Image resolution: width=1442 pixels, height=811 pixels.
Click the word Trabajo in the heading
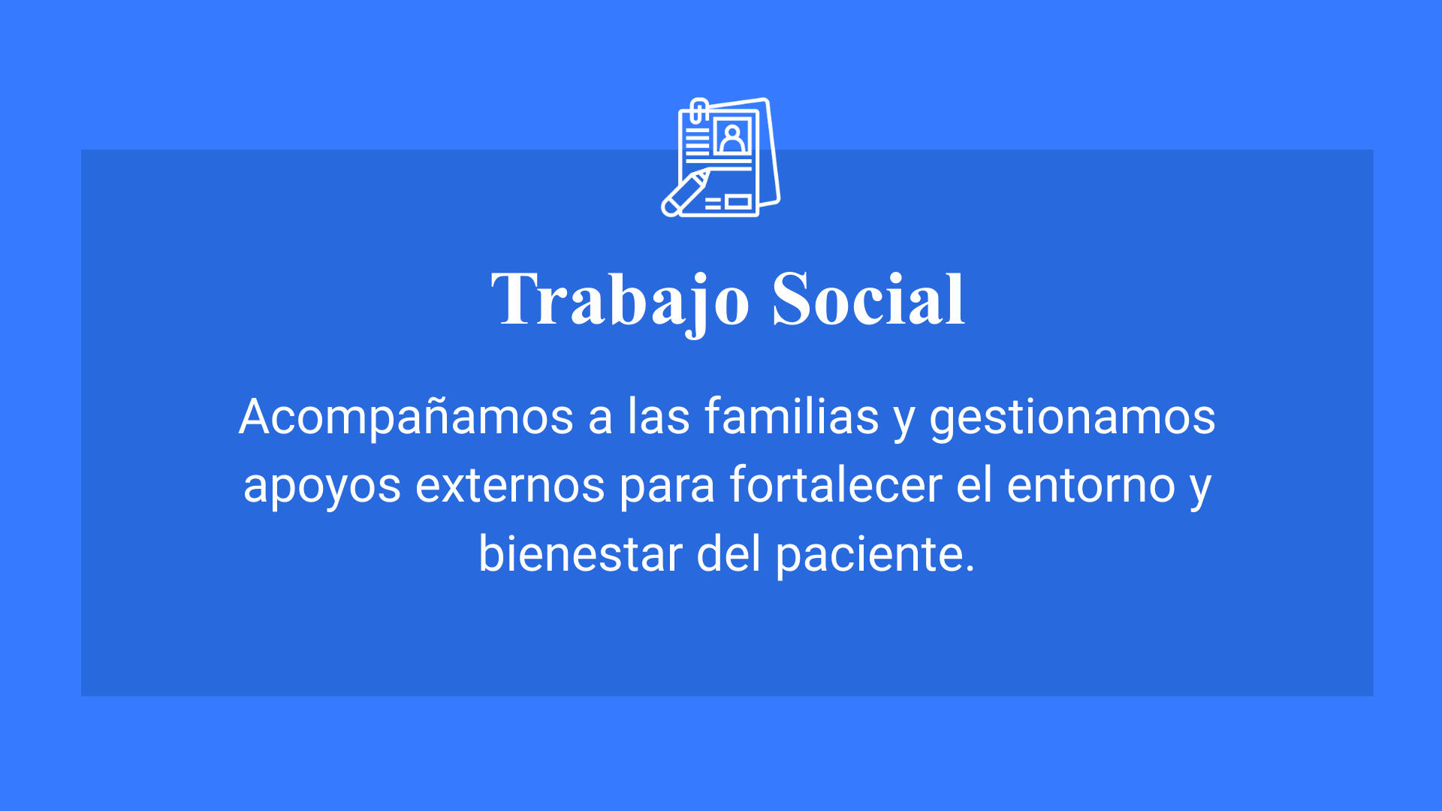[620, 301]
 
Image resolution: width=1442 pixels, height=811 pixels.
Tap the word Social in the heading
[868, 299]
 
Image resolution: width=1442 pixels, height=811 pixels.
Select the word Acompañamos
[406, 418]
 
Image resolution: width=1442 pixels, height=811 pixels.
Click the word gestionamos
[1072, 419]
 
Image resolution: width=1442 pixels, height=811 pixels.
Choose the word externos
[510, 486]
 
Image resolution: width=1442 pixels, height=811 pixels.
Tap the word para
[667, 488]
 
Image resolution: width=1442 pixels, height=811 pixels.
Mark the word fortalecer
[836, 484]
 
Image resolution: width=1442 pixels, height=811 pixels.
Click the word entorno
[1091, 486]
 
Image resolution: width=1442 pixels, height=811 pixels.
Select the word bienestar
[581, 553]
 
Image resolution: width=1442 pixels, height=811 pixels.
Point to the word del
[729, 553]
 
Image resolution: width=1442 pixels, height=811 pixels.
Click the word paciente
[875, 556]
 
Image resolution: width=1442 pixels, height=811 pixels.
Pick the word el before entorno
[974, 484]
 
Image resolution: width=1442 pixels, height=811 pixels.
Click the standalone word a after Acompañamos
[600, 419]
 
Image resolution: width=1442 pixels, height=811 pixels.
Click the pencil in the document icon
[684, 194]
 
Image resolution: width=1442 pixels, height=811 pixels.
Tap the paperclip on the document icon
[698, 110]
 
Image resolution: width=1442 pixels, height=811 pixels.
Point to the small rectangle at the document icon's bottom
[738, 201]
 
